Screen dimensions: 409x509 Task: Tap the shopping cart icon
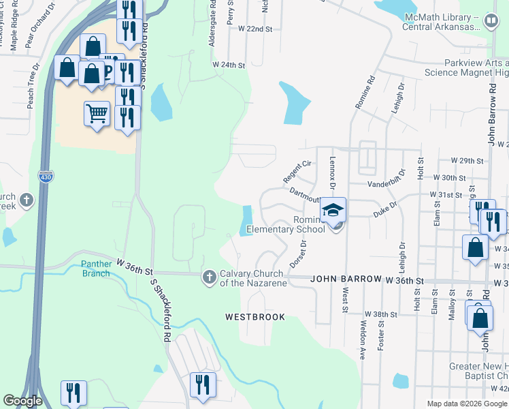click(x=97, y=114)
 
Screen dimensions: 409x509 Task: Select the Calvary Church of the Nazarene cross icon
click(x=209, y=277)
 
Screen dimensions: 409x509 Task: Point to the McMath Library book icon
click(x=489, y=22)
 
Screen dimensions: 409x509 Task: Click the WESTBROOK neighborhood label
click(x=255, y=317)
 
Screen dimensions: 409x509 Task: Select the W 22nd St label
click(x=255, y=29)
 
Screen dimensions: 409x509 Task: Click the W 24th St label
click(x=228, y=64)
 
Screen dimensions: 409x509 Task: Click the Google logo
click(x=23, y=401)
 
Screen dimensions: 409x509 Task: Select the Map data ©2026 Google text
click(x=466, y=404)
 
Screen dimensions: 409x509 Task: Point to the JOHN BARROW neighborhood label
click(x=339, y=279)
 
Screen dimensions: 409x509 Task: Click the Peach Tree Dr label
click(x=30, y=89)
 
